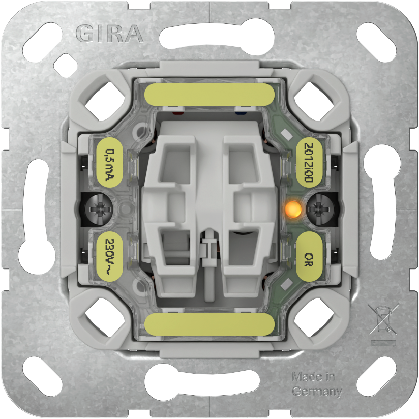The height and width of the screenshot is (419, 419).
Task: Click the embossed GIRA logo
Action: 109,34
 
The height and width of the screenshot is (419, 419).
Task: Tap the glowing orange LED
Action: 293,207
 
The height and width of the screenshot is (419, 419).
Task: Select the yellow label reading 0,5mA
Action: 109,163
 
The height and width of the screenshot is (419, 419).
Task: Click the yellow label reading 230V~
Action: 109,256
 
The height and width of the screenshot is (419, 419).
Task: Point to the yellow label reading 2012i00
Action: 309,163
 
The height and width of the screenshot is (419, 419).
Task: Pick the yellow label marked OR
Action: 309,256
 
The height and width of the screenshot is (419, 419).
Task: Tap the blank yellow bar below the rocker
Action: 210,324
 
